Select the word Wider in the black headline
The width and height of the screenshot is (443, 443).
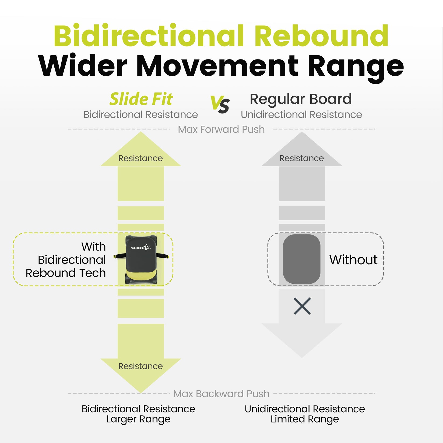point(82,66)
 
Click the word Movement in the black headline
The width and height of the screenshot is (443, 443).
point(217,66)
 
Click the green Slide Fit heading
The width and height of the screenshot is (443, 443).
point(141,99)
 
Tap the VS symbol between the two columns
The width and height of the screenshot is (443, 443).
point(220,104)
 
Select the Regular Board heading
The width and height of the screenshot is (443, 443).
point(301,99)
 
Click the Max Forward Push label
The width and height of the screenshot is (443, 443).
point(221,129)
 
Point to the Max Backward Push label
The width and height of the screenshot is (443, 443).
point(221,394)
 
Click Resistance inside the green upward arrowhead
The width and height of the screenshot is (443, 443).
point(140,158)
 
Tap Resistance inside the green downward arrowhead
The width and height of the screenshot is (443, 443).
point(140,366)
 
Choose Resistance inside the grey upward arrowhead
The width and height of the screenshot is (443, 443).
point(301,158)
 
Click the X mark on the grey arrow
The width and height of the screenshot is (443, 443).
point(302,306)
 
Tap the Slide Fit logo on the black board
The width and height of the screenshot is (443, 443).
point(140,247)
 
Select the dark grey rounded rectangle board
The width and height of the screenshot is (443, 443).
point(301,259)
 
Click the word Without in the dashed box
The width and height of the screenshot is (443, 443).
point(353,260)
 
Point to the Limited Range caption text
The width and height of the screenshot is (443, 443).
point(305,419)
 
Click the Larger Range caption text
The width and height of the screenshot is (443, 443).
point(138,419)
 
